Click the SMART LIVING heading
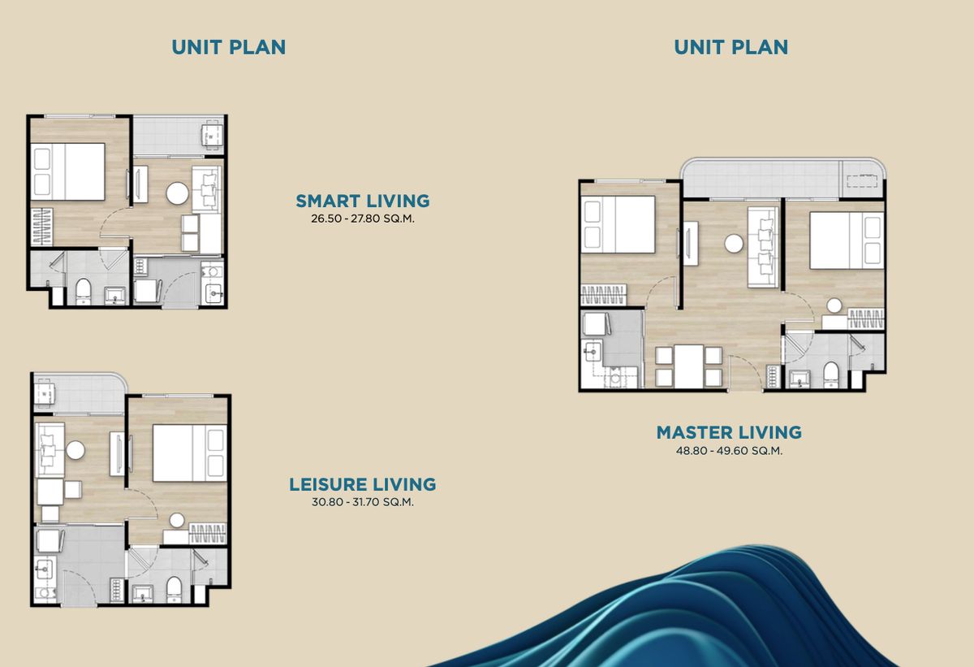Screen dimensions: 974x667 pyautogui.click(x=363, y=201)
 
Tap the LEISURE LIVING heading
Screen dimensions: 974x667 pyautogui.click(x=363, y=484)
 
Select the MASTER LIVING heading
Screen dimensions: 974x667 pyautogui.click(x=729, y=432)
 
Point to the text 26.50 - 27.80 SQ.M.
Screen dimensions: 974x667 pyautogui.click(x=363, y=219)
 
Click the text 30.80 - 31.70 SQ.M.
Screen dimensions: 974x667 pyautogui.click(x=363, y=502)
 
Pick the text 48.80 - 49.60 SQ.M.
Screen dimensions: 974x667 pyautogui.click(x=729, y=451)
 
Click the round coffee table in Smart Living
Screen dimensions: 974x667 pyautogui.click(x=177, y=193)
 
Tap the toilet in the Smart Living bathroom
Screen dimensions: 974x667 pyautogui.click(x=84, y=291)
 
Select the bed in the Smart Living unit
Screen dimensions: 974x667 pyautogui.click(x=68, y=172)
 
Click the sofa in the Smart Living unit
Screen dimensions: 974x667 pyautogui.click(x=207, y=188)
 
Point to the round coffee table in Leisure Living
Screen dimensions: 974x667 pyautogui.click(x=75, y=450)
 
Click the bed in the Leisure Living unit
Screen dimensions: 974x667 pyautogui.click(x=190, y=453)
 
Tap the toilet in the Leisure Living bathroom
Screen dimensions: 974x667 pyautogui.click(x=174, y=590)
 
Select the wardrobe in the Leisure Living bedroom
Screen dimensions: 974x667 pyautogui.click(x=208, y=533)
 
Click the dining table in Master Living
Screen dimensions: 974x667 pyautogui.click(x=689, y=366)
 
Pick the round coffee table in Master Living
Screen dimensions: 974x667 pyautogui.click(x=734, y=244)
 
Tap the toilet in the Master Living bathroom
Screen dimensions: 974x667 pyautogui.click(x=831, y=375)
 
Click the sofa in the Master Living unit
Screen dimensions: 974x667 pyautogui.click(x=763, y=247)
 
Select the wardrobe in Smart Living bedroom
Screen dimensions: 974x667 pyautogui.click(x=41, y=226)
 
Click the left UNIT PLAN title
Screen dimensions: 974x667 pyautogui.click(x=229, y=47)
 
